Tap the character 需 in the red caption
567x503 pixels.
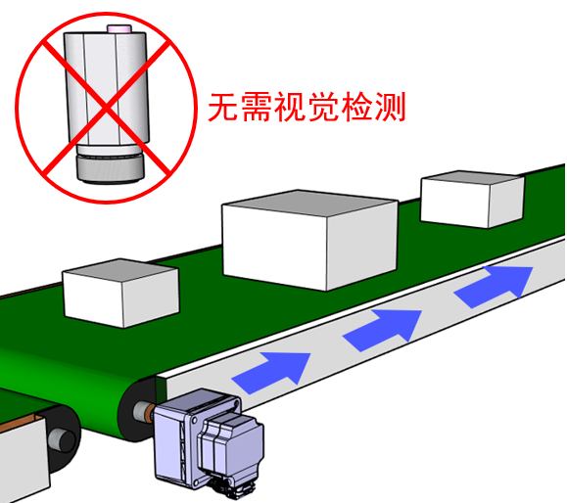[x=257, y=107]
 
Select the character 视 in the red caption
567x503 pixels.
[x=290, y=107]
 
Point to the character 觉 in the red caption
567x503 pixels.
[x=322, y=107]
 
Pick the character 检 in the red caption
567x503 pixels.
[x=356, y=107]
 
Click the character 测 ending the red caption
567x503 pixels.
[x=390, y=107]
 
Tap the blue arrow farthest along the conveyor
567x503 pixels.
[x=495, y=287]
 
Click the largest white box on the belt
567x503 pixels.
[x=310, y=240]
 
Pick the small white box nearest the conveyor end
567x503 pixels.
[x=120, y=293]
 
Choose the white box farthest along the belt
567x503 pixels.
[x=472, y=199]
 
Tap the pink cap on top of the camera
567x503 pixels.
[x=118, y=29]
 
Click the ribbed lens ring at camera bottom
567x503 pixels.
[x=111, y=168]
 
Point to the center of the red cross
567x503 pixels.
[x=107, y=108]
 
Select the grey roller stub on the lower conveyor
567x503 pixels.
[x=62, y=439]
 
